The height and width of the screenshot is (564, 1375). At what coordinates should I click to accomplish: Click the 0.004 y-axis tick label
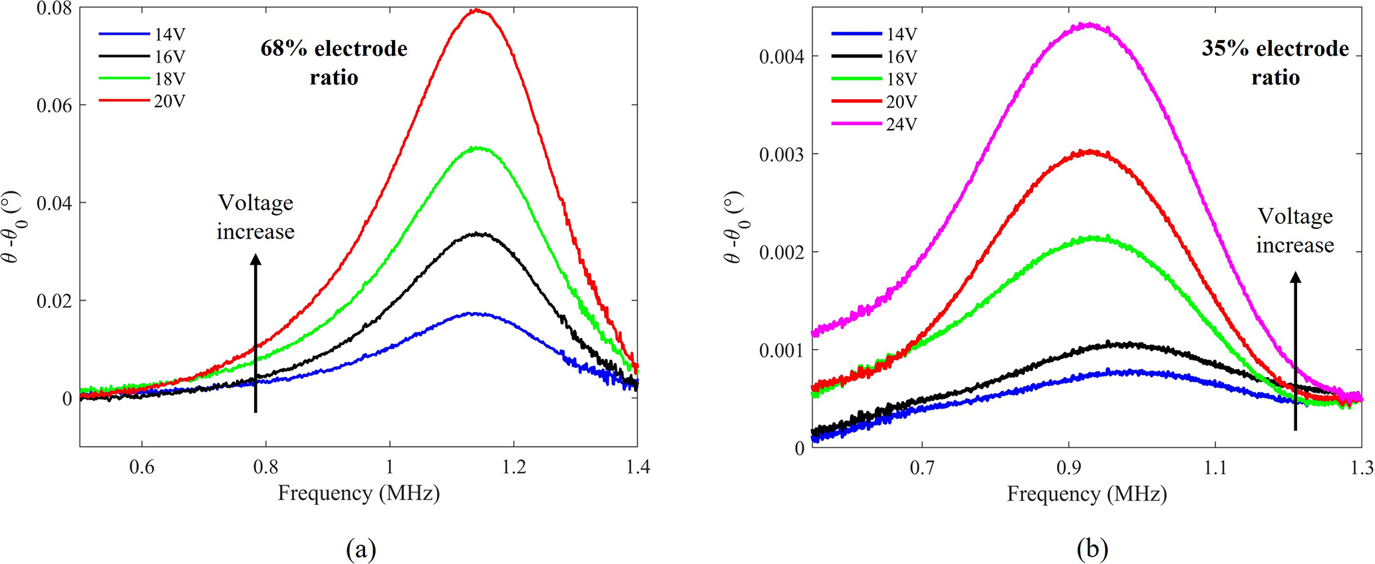click(782, 57)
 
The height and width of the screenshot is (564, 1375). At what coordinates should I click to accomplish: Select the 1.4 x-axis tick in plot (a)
click(638, 468)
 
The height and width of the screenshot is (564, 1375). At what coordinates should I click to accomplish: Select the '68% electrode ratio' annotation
click(334, 63)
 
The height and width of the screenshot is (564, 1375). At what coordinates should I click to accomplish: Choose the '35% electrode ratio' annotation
click(1275, 63)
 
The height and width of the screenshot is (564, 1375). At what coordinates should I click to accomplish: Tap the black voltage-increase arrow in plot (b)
click(1295, 352)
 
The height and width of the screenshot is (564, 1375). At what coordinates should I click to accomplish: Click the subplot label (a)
click(361, 549)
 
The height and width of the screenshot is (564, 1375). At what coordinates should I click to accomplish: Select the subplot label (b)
click(1092, 549)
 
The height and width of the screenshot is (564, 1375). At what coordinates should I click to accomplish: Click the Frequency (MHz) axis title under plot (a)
click(359, 493)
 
